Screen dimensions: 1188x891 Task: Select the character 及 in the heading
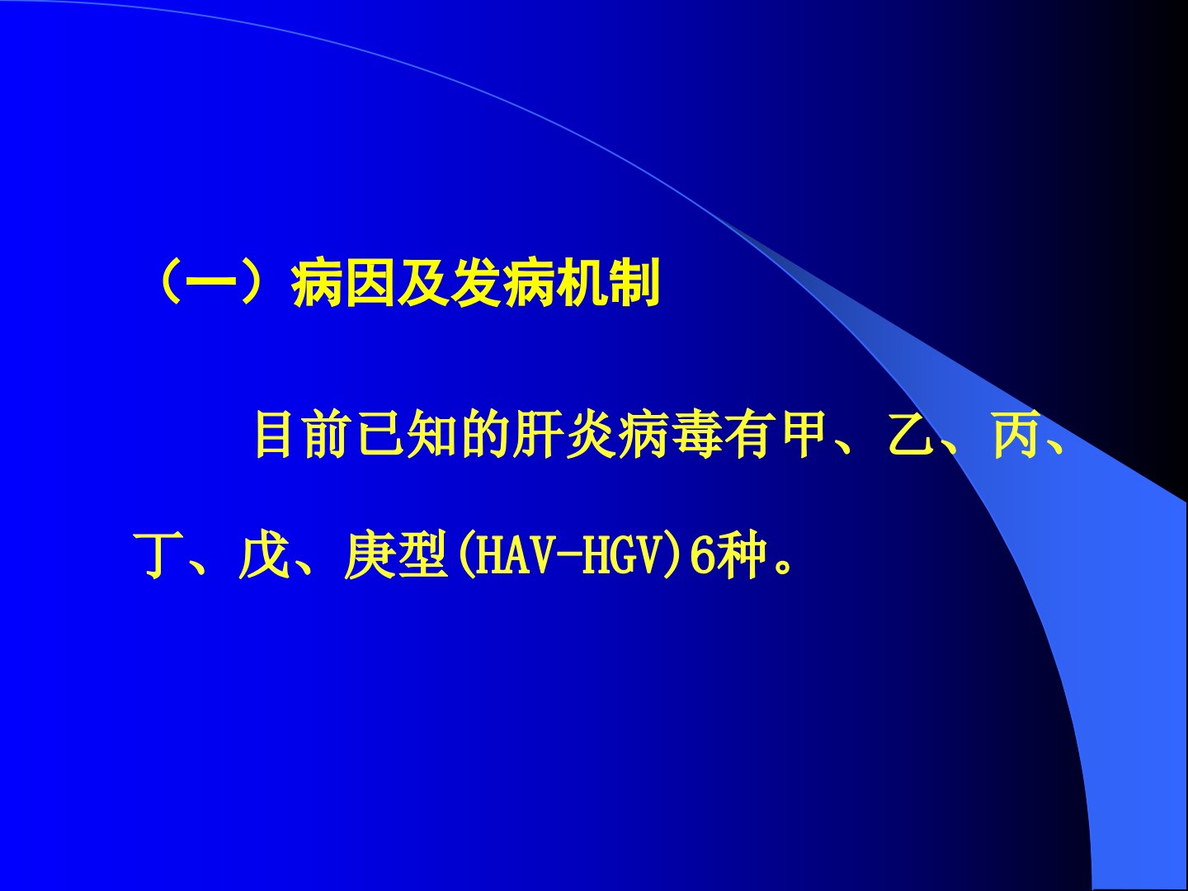tap(423, 283)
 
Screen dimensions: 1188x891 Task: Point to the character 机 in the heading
tap(582, 283)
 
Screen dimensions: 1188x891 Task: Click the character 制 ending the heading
tap(634, 283)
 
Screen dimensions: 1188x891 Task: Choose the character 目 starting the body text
tap(275, 435)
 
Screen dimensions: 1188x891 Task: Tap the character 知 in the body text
tap(432, 435)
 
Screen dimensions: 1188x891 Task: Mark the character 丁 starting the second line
tap(155, 555)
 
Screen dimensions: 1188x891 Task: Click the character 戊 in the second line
tap(262, 555)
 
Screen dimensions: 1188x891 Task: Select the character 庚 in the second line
tap(368, 555)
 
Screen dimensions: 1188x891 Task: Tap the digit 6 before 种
tap(703, 555)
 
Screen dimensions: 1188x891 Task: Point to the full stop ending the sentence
tap(783, 568)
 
